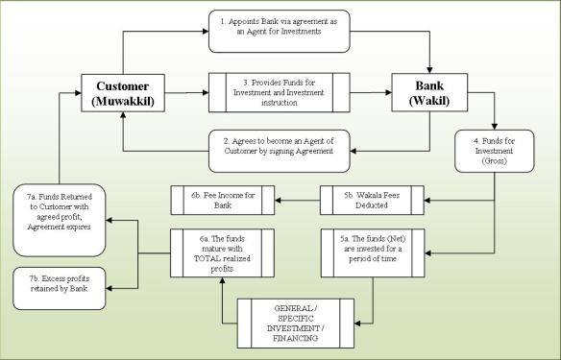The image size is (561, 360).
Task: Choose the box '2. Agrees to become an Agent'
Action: [x=279, y=145]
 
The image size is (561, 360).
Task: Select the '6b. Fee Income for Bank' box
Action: [x=223, y=200]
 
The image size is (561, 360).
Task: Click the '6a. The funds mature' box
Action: [x=223, y=252]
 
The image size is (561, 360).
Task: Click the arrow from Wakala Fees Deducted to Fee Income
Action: [x=296, y=200]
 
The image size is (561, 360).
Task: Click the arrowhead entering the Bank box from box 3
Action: [x=386, y=92]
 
